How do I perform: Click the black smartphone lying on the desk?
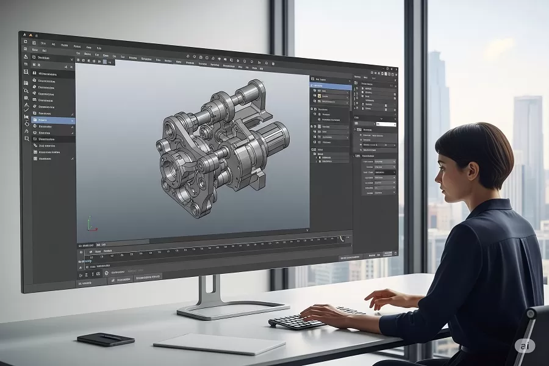[106, 339]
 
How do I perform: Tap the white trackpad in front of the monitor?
[219, 343]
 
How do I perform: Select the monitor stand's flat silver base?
[232, 309]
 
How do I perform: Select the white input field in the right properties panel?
[386, 124]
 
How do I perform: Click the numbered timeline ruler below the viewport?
[207, 250]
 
